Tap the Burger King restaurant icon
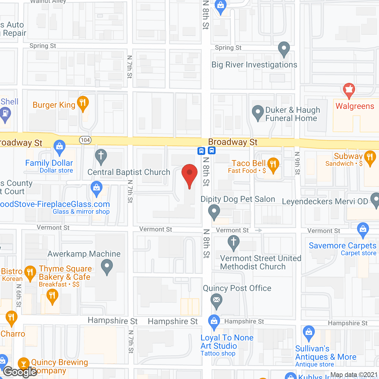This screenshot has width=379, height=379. pos(83,103)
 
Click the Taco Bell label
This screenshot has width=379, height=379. pos(248,163)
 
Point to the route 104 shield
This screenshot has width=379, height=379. pos(85,140)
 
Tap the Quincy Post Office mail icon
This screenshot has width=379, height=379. pos(216,300)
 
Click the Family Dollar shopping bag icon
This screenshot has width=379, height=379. pos(60,146)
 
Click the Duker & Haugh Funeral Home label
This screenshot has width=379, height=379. pos(292,114)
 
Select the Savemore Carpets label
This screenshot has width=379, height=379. pos(342,245)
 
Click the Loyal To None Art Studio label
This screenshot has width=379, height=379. pos(227,342)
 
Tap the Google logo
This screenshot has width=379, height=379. pos(20,372)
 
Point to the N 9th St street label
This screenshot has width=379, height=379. pos(297,163)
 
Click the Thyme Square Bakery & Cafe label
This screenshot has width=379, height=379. pos(65,273)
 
